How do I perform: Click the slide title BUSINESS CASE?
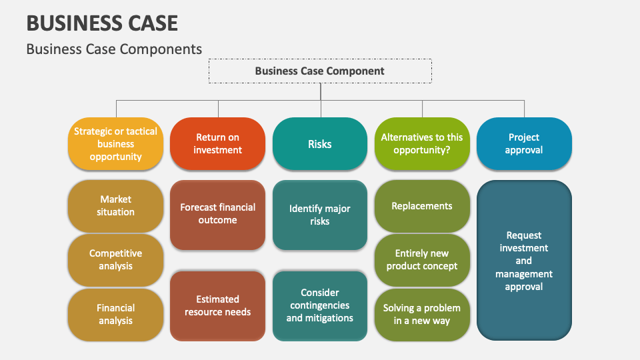click(102, 23)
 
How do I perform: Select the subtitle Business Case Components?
click(114, 49)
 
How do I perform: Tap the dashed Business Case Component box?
click(320, 71)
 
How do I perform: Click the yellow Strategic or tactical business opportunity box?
click(115, 144)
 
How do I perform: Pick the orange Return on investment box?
click(217, 144)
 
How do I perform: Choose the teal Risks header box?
click(320, 144)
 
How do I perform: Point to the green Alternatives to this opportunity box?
click(422, 144)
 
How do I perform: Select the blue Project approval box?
click(524, 144)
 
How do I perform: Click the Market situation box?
click(115, 205)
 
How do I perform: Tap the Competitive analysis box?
click(115, 260)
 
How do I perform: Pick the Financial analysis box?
click(115, 315)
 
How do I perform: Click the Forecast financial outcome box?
click(217, 215)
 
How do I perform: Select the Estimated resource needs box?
click(217, 306)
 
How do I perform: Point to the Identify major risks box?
click(320, 215)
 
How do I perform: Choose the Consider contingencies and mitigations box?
click(320, 306)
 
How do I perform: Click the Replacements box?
click(422, 206)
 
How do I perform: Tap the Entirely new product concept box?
click(422, 260)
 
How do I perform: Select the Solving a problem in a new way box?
click(422, 315)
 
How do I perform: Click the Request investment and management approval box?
click(524, 261)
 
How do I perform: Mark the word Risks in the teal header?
click(320, 144)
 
